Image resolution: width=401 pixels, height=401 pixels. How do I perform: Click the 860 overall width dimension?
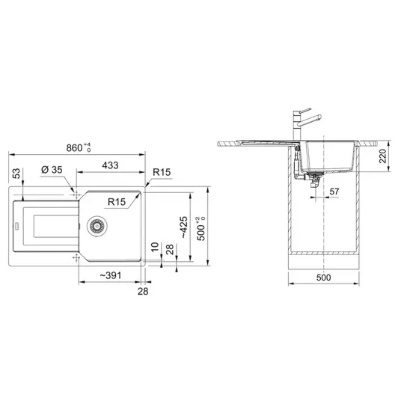coord(79,147)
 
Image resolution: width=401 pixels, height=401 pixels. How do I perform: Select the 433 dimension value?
coord(110,165)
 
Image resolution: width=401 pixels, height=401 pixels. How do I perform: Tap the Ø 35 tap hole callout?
coord(52,169)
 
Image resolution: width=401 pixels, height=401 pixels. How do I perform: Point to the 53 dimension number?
coord(16,174)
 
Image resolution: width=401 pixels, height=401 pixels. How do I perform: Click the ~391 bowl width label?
coord(110,275)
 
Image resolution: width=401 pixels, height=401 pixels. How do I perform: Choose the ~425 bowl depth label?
coord(184,227)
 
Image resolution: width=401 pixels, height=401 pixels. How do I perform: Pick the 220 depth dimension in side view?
coord(383,156)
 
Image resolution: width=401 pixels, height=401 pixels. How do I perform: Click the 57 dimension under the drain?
coord(334,192)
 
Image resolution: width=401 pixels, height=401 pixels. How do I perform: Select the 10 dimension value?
coord(155,247)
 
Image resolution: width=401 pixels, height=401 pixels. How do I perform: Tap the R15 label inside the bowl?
coord(117,202)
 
